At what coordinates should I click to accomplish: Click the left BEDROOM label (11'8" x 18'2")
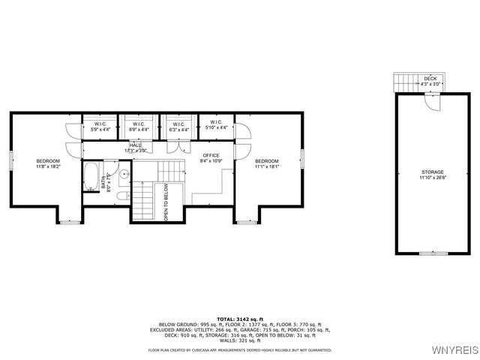pyautogui.click(x=48, y=163)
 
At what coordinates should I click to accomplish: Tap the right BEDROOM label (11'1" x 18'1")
pyautogui.click(x=266, y=163)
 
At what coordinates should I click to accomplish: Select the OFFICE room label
pyautogui.click(x=210, y=157)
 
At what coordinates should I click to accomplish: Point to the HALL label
pyautogui.click(x=135, y=148)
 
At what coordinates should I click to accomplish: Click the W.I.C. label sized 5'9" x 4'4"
pyautogui.click(x=100, y=127)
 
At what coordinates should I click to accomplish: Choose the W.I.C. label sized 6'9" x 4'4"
pyautogui.click(x=138, y=127)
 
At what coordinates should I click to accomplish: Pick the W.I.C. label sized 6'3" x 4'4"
pyautogui.click(x=178, y=127)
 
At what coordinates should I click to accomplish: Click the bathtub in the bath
pyautogui.click(x=89, y=178)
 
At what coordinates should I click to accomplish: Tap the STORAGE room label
pyautogui.click(x=432, y=174)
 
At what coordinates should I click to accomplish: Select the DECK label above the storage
pyautogui.click(x=430, y=80)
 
